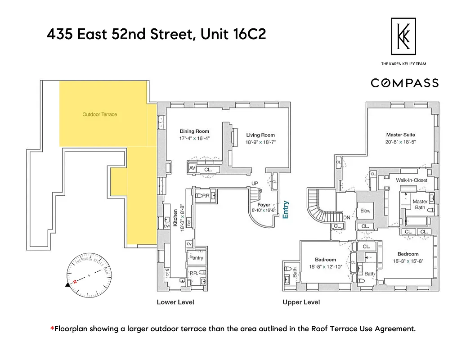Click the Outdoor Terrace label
(99, 114)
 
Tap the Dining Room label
(194, 131)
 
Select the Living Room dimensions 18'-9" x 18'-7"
(260, 142)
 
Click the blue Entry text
(285, 210)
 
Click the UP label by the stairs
(255, 183)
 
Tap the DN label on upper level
(346, 217)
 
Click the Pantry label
(196, 258)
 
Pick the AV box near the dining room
(192, 168)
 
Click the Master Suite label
(400, 135)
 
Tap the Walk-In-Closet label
(411, 180)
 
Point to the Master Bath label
(420, 204)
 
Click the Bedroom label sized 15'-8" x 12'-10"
(325, 260)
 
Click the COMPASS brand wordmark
(404, 83)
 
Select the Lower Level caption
(175, 302)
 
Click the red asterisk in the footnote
(52, 328)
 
